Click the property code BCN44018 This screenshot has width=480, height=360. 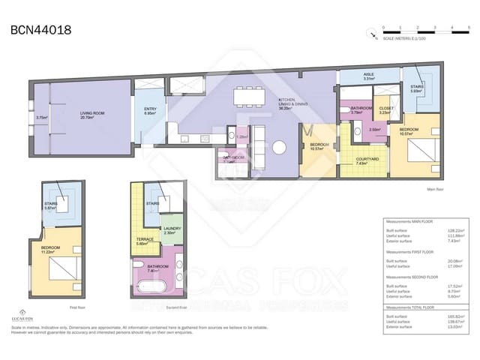pos(41,31)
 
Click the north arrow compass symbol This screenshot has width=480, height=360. pos(371,32)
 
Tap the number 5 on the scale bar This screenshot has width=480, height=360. pos(468,28)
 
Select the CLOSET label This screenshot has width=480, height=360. pos(385,109)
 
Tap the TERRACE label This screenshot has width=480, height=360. pos(145,240)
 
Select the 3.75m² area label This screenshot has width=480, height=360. pos(41,118)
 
